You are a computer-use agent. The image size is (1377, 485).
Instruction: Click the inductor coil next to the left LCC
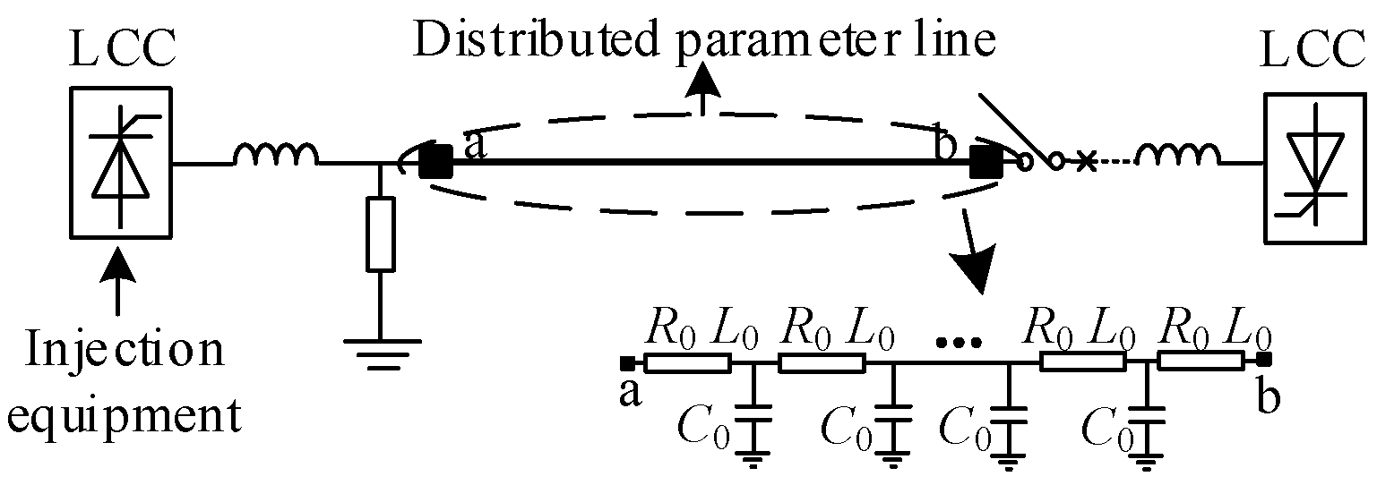[x=275, y=156]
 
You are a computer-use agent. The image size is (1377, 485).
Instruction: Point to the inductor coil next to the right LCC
[x=1178, y=156]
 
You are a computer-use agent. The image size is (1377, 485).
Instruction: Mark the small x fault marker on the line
[x=1086, y=162]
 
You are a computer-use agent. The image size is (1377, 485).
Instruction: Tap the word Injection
[x=125, y=351]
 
